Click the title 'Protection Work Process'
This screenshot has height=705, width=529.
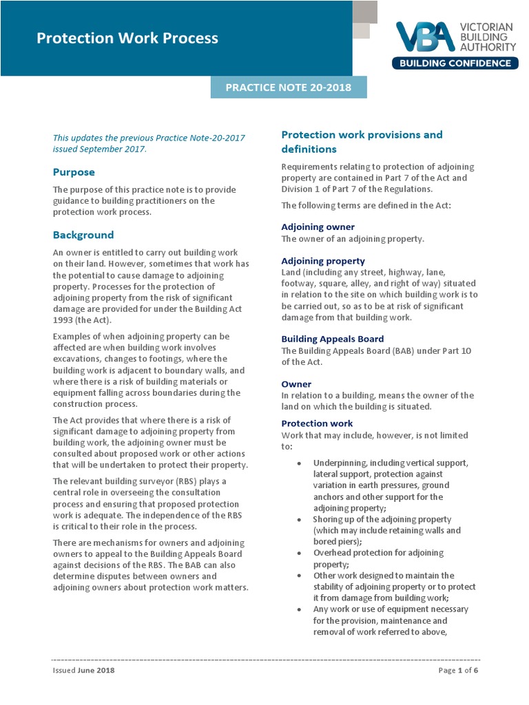point(127,39)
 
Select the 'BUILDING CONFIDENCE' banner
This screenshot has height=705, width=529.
point(455,63)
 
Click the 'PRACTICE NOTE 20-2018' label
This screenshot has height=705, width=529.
point(289,87)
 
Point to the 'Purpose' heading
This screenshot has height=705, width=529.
point(74,172)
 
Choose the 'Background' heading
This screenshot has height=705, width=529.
point(83,235)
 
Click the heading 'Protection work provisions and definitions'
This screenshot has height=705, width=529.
point(362,142)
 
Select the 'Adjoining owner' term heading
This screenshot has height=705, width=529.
point(318,227)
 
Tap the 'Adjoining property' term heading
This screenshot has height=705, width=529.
point(323,262)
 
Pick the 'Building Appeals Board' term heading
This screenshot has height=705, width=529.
point(333,339)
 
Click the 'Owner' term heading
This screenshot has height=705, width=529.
point(296,384)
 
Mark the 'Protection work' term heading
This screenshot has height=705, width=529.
point(317,423)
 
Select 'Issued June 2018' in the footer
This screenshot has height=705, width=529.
point(84,671)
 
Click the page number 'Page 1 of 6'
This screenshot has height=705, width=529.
point(458,671)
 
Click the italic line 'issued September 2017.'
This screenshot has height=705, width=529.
point(100,149)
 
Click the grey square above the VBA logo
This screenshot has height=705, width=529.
point(364,12)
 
